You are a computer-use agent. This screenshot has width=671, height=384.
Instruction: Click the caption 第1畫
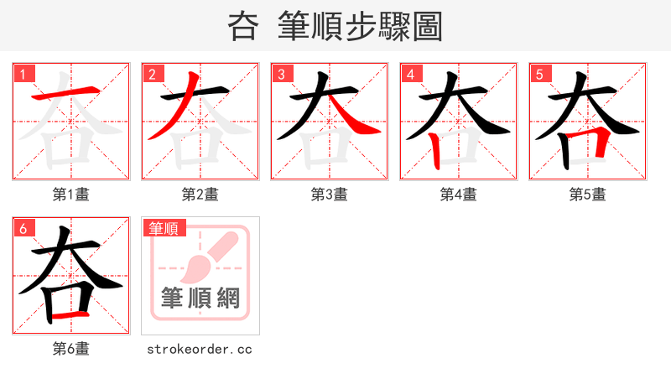click(x=70, y=195)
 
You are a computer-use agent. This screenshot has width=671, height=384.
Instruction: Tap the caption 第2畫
click(x=200, y=195)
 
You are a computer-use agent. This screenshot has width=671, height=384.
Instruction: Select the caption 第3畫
click(x=329, y=195)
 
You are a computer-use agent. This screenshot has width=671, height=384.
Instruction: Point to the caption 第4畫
click(x=458, y=195)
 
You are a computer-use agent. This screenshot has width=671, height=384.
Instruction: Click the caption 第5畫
click(x=587, y=195)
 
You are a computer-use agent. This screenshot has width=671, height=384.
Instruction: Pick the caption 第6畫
click(x=70, y=349)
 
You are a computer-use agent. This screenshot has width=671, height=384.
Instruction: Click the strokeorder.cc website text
click(x=200, y=349)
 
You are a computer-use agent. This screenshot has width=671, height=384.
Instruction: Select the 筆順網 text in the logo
click(x=200, y=298)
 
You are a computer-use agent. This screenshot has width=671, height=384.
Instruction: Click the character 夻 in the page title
click(x=242, y=27)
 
